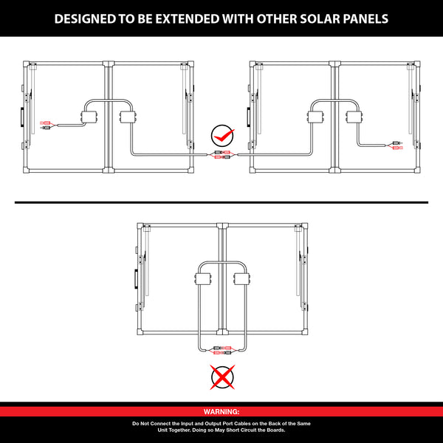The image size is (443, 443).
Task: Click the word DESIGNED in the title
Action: click(x=85, y=19)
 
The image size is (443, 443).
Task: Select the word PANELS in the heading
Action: click(x=366, y=19)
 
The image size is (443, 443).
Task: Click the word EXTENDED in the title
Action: click(x=187, y=19)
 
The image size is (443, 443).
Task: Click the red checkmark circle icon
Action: click(x=223, y=136)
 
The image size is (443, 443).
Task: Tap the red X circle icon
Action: click(x=222, y=377)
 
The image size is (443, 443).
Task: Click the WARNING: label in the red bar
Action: click(x=221, y=412)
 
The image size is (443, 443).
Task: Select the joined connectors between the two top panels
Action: click(x=222, y=155)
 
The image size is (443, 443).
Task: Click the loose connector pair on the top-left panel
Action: click(x=46, y=126)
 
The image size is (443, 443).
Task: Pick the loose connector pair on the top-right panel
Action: click(x=397, y=145)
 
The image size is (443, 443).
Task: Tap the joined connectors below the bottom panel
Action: click(x=223, y=350)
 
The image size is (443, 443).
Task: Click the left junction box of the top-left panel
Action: click(x=89, y=117)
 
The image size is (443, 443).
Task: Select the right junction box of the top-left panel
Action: click(x=128, y=117)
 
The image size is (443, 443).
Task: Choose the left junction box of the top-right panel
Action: click(x=315, y=117)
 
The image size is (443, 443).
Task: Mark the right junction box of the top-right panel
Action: click(x=354, y=117)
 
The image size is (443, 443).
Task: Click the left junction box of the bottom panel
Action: click(x=203, y=279)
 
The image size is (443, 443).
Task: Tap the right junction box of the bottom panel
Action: click(x=242, y=279)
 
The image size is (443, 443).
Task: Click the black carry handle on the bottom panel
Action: click(x=136, y=279)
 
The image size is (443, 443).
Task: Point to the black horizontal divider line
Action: click(x=221, y=202)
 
